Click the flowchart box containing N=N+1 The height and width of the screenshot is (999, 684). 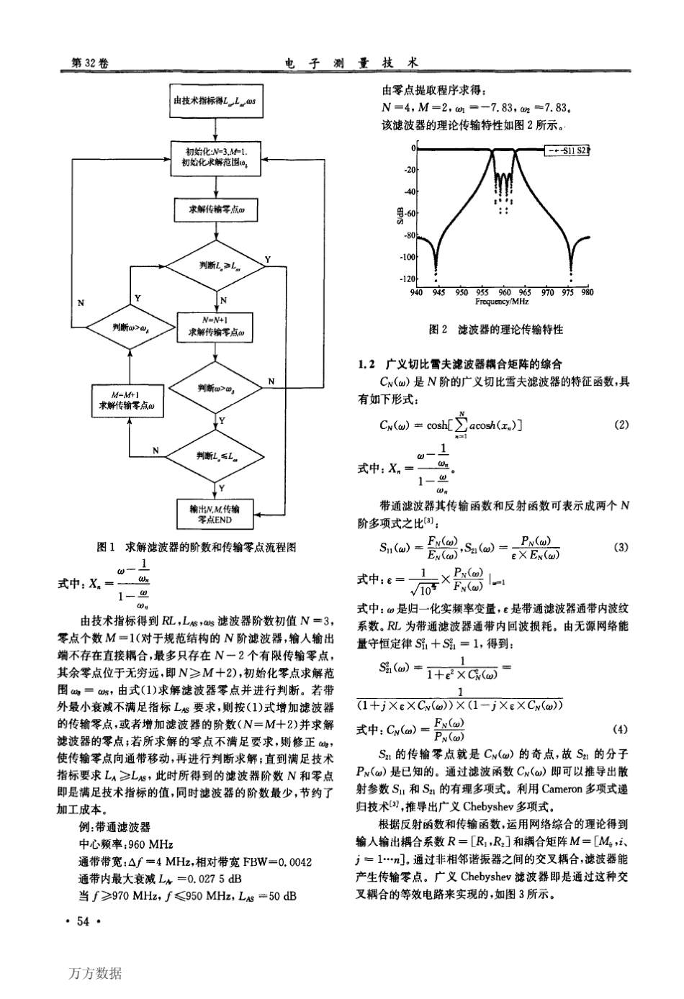tap(216, 326)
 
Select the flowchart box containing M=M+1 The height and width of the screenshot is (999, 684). tap(127, 400)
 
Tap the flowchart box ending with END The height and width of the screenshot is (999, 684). tap(217, 514)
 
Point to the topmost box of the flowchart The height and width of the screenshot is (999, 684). tap(216, 101)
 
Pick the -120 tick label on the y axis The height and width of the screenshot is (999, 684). tap(408, 279)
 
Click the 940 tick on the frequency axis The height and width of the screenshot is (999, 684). tap(415, 293)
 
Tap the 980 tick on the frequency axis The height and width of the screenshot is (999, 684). tap(587, 293)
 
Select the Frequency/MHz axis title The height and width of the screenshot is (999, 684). tap(502, 302)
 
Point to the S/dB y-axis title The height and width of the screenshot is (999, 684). tap(400, 213)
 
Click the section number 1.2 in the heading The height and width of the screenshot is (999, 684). tap(367, 364)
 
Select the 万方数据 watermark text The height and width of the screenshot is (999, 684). tap(96, 974)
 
